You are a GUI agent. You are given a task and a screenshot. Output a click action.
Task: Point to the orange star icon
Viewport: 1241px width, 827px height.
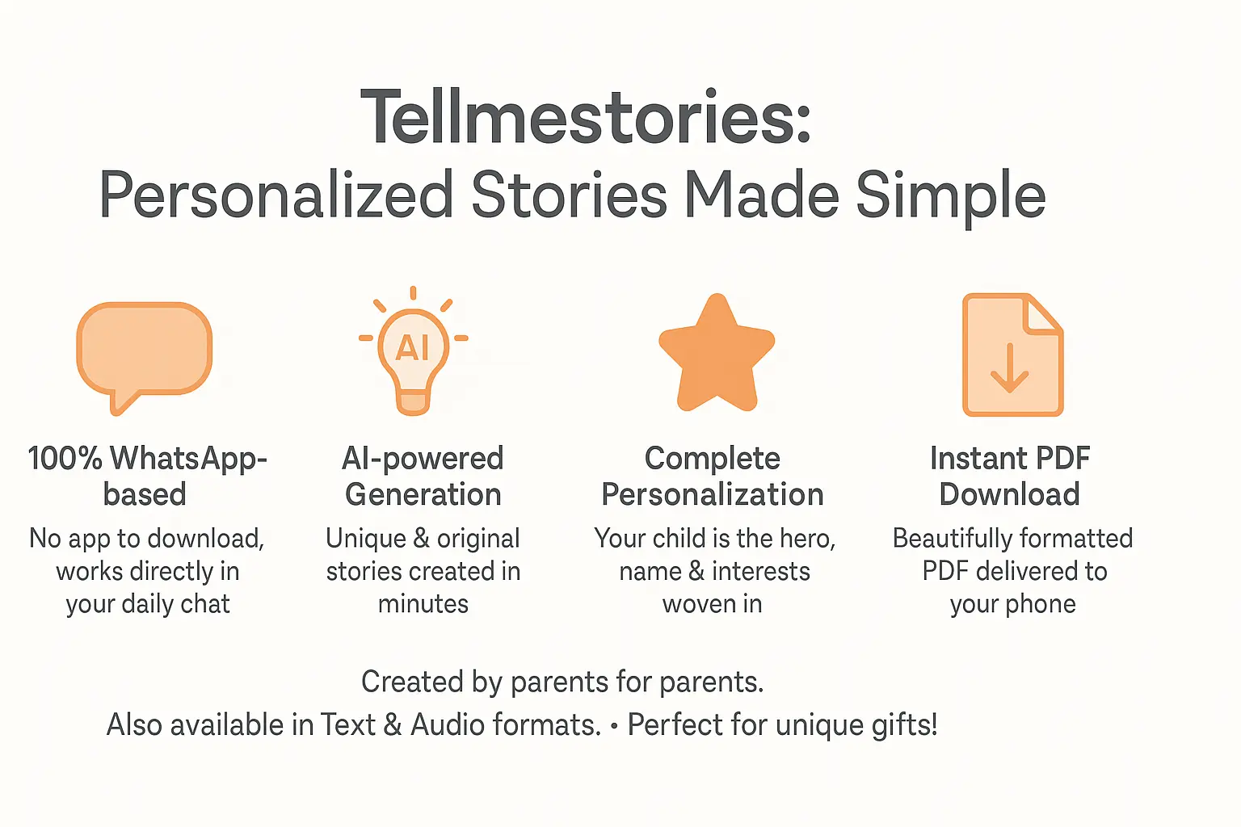[717, 355]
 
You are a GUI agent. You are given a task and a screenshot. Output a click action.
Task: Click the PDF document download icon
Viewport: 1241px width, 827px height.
[1012, 355]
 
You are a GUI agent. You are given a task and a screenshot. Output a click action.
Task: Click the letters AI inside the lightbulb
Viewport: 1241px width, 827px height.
[412, 348]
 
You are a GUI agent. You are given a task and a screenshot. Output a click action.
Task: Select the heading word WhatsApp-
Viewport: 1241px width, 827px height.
[188, 459]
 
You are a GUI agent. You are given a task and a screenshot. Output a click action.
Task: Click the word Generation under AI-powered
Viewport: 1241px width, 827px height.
[423, 494]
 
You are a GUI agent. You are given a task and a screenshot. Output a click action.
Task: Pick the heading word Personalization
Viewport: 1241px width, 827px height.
[712, 494]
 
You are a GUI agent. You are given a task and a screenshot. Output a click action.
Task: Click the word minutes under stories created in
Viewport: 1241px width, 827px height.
[423, 604]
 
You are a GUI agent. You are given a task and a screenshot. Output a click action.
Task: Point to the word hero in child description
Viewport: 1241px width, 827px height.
[807, 539]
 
